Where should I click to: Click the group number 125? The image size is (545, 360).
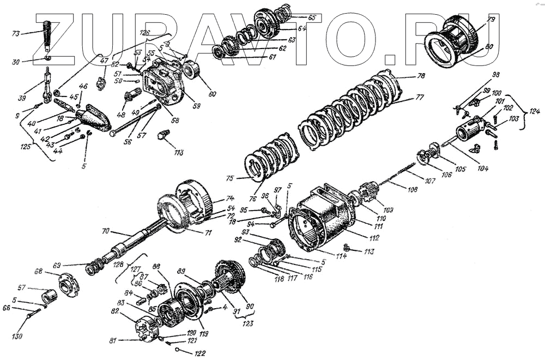(x=25, y=147)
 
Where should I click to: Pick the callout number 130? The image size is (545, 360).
(x=17, y=337)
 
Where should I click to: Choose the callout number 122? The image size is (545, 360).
(x=200, y=353)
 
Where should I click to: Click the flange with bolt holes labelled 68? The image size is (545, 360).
(x=69, y=284)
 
